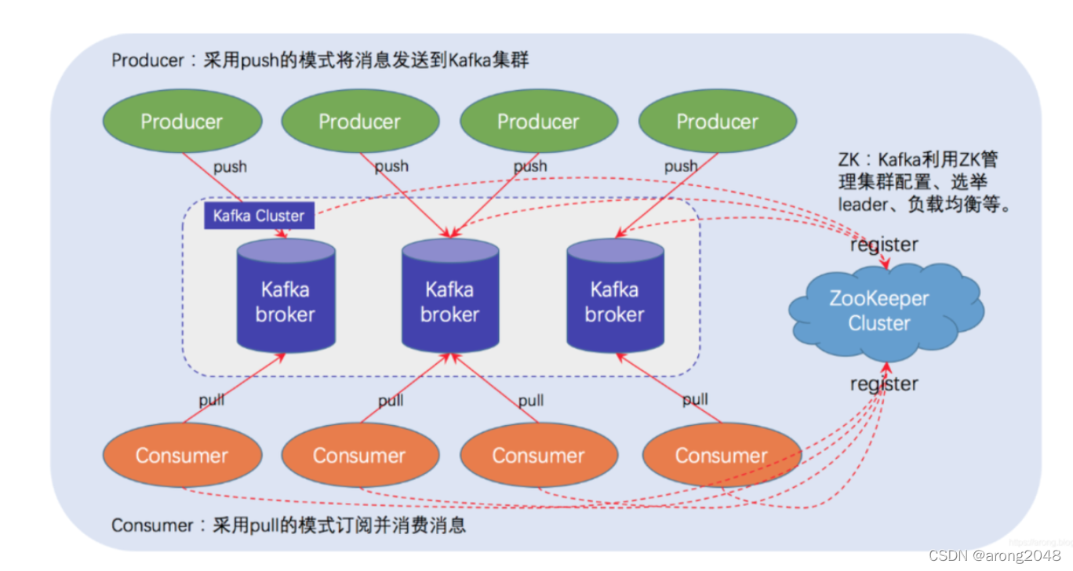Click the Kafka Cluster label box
click(x=259, y=216)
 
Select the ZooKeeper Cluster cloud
click(x=880, y=311)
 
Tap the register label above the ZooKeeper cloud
click(x=884, y=245)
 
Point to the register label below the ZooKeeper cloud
click(x=884, y=384)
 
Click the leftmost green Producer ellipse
click(x=182, y=122)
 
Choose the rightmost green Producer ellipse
click(x=718, y=122)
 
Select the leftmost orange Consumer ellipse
click(x=182, y=456)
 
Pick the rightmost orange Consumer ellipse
click(x=722, y=456)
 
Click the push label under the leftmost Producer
click(x=230, y=166)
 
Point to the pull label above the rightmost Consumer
click(x=695, y=400)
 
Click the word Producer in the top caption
click(x=147, y=60)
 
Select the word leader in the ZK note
click(x=862, y=204)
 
